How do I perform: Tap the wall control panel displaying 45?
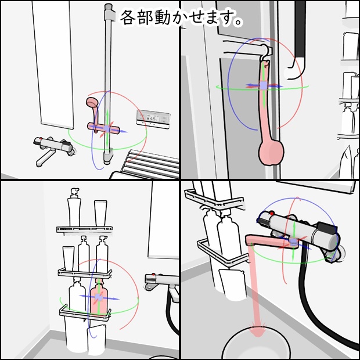click(153, 119)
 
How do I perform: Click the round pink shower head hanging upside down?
click(271, 153)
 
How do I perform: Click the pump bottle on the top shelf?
click(74, 207)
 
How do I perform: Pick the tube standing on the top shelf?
click(100, 213)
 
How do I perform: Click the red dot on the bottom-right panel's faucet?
click(272, 214)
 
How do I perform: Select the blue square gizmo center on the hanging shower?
click(264, 85)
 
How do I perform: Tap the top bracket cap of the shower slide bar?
click(109, 13)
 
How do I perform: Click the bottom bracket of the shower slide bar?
click(108, 156)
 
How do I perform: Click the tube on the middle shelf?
click(68, 258)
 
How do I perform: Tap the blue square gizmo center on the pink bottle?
click(99, 297)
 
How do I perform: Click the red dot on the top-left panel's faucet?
click(41, 139)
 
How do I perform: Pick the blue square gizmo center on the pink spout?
click(293, 242)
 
